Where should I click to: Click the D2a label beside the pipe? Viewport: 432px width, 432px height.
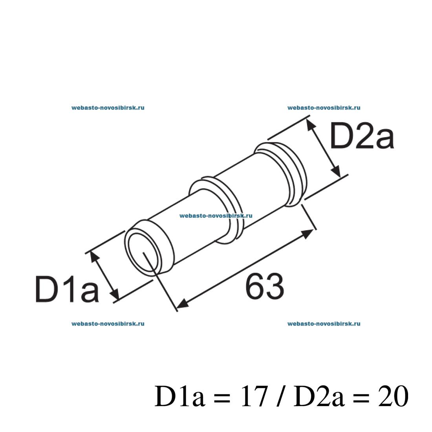(x=361, y=136)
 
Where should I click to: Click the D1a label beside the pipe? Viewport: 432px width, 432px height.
(x=67, y=289)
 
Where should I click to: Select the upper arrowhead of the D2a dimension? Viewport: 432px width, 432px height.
(x=311, y=124)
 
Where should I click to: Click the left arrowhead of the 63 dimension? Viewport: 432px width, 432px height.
(x=182, y=303)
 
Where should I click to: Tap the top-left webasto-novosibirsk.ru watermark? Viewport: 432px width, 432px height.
(x=108, y=107)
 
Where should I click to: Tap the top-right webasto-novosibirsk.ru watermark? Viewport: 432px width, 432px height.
(x=324, y=107)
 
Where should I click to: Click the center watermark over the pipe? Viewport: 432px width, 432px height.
(x=216, y=215)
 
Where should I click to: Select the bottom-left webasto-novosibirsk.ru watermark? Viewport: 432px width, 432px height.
(x=108, y=324)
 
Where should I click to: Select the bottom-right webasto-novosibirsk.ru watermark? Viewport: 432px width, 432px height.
(x=324, y=324)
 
